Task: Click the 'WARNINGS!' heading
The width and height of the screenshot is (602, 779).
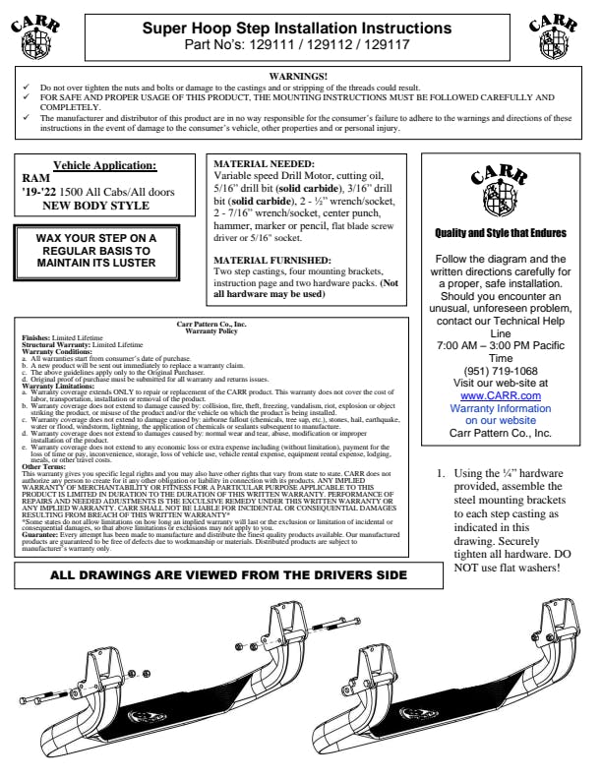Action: coord(299,76)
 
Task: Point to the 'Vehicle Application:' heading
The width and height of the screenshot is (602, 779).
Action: coord(104,165)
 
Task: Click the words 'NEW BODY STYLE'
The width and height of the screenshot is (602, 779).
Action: coord(94,206)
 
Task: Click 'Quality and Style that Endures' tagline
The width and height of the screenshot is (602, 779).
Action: coord(501,233)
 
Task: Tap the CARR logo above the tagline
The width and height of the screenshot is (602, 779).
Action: coord(501,190)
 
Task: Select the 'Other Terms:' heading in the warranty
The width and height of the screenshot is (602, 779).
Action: coord(45,467)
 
